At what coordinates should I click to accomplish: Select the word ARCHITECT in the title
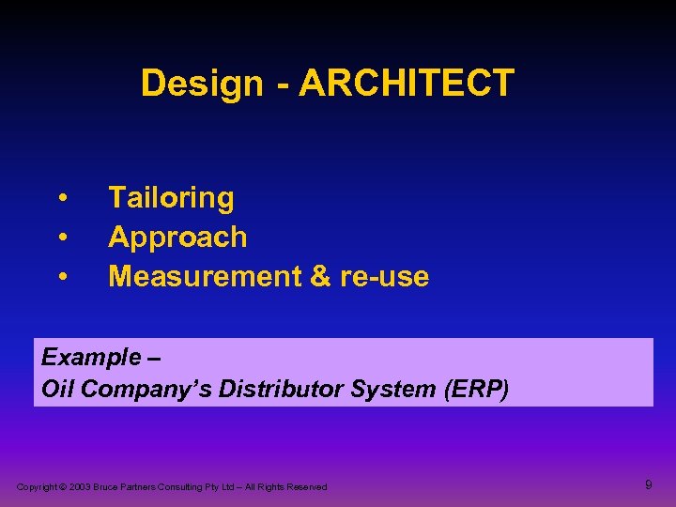(x=407, y=84)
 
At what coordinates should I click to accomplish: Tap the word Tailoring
(x=171, y=198)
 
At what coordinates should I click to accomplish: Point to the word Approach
(x=177, y=238)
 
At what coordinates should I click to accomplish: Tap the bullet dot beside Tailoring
(x=62, y=198)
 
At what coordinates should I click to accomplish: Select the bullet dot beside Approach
(x=62, y=238)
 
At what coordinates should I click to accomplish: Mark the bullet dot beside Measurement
(x=62, y=277)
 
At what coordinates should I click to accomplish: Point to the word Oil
(x=58, y=389)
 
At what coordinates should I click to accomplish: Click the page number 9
(x=648, y=484)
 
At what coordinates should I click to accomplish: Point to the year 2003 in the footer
(x=78, y=487)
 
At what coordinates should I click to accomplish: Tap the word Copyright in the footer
(x=37, y=487)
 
